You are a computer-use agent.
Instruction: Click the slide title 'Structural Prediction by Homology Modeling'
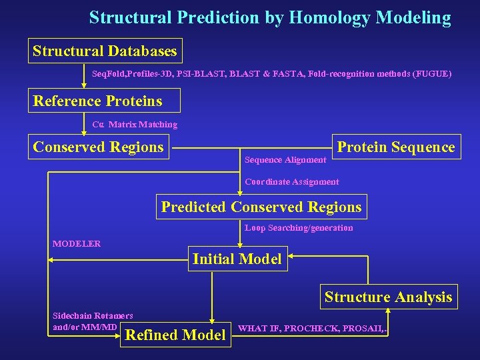(x=270, y=17)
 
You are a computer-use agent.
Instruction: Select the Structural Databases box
(x=105, y=51)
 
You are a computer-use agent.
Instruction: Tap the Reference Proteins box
(x=98, y=101)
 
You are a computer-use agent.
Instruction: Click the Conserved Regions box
(x=99, y=147)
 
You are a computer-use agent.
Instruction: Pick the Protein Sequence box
(x=396, y=147)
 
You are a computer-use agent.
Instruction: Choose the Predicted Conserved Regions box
(x=261, y=207)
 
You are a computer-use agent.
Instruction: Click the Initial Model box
(x=237, y=259)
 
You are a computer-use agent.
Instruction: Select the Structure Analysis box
(x=388, y=297)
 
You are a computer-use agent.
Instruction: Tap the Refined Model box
(x=175, y=335)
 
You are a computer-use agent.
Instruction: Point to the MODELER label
(x=77, y=244)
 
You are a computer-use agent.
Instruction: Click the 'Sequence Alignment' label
(x=285, y=160)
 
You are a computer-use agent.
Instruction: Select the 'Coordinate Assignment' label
(x=292, y=181)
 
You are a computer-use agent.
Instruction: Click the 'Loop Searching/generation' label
(x=299, y=228)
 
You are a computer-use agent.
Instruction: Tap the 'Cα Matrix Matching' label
(x=135, y=125)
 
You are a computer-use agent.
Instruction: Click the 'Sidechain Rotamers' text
(x=93, y=315)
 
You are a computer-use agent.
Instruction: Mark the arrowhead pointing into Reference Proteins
(x=84, y=85)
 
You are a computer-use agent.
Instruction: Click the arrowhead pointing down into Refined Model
(x=212, y=320)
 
